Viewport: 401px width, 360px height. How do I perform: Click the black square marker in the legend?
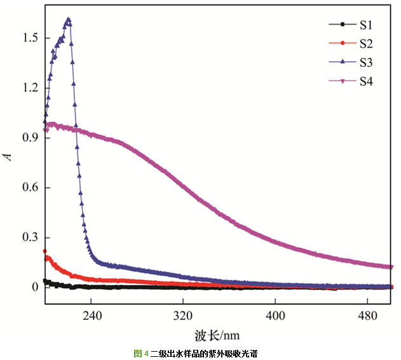click(x=343, y=25)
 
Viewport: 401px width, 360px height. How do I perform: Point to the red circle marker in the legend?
click(x=343, y=43)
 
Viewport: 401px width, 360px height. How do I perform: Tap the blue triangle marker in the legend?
click(x=343, y=62)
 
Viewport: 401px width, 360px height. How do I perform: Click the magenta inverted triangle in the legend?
click(x=343, y=81)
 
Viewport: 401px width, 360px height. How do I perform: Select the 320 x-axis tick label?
click(x=183, y=314)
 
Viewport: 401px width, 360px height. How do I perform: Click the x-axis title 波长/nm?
click(x=217, y=334)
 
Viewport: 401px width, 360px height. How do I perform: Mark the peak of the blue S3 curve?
click(x=68, y=20)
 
